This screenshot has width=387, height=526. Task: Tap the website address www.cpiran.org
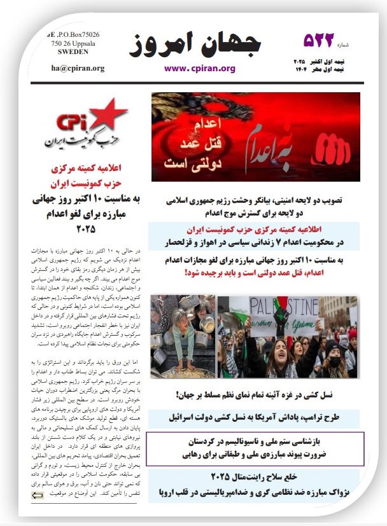pos(200,68)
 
